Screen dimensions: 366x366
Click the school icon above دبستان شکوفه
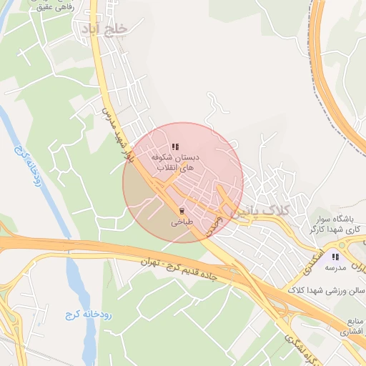pyautogui.click(x=176, y=147)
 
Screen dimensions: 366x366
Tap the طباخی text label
pyautogui.click(x=181, y=222)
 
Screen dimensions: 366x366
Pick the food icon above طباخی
pyautogui.click(x=182, y=211)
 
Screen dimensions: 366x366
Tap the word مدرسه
pyautogui.click(x=335, y=267)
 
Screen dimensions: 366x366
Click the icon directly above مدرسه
pyautogui.click(x=335, y=256)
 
